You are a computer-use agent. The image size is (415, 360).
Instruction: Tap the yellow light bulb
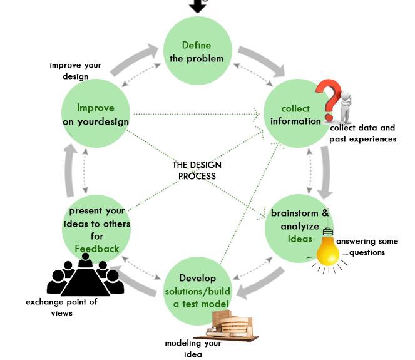click(327, 249)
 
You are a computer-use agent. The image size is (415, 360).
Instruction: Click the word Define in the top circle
click(197, 45)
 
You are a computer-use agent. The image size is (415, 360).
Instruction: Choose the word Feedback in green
click(97, 249)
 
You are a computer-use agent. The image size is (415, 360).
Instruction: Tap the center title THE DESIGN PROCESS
click(197, 170)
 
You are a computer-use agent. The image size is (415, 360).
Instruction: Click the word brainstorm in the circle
click(294, 213)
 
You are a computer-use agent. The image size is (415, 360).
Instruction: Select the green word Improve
click(96, 108)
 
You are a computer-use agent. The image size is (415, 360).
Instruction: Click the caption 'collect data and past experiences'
click(362, 133)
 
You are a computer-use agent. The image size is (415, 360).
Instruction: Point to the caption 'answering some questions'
click(367, 247)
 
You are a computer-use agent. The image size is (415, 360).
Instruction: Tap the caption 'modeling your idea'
click(193, 349)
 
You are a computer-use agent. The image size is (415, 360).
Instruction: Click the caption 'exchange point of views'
click(61, 307)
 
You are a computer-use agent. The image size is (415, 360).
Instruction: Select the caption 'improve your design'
click(76, 71)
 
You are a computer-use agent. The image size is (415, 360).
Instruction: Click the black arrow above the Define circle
click(197, 6)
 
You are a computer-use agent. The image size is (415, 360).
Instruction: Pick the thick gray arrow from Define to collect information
click(262, 60)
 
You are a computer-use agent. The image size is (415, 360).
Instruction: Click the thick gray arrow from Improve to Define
click(134, 59)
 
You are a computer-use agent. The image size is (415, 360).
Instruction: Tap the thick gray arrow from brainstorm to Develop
click(260, 283)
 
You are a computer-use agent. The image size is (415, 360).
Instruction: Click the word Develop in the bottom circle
click(197, 278)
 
